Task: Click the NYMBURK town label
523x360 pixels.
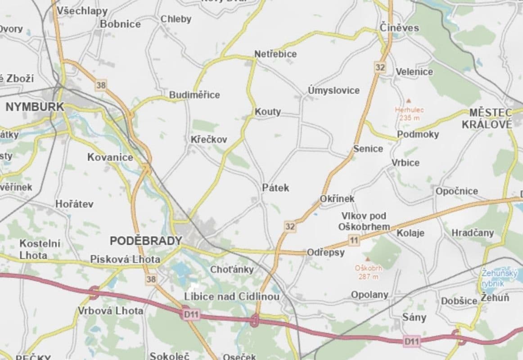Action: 35,107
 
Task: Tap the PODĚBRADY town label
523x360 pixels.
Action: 145,241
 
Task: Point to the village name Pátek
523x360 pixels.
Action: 275,188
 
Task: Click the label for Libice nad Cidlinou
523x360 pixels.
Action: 232,297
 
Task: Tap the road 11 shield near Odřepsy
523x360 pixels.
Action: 354,240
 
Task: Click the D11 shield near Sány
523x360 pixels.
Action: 411,342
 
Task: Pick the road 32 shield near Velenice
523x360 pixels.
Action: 380,67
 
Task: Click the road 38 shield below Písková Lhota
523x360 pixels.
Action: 151,279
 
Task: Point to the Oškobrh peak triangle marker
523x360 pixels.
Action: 368,259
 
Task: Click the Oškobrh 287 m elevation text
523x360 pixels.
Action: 368,272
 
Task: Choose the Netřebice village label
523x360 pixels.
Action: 275,54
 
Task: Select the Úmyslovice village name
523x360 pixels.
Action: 334,90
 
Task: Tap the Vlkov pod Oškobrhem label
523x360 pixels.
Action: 364,221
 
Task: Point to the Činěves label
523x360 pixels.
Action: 399,28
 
